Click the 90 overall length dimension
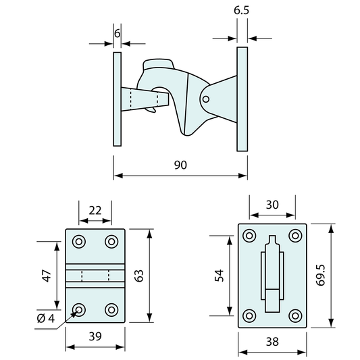tap(180, 165)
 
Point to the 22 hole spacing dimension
tap(95, 209)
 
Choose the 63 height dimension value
tap(140, 275)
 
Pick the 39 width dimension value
tap(95, 336)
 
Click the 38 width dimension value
tap(272, 342)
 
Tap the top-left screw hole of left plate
tap(80, 241)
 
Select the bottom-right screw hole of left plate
tap(111, 309)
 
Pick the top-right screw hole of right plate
tap(294, 236)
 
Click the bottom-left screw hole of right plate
tap(249, 315)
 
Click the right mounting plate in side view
tap(242, 99)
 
